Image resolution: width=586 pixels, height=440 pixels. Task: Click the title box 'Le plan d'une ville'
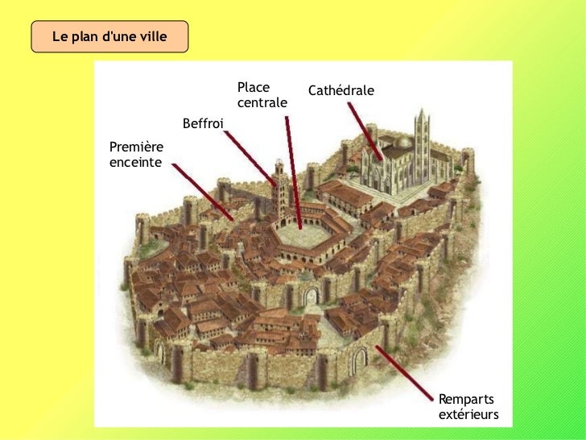109,37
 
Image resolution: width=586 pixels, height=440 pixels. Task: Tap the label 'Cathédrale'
340,91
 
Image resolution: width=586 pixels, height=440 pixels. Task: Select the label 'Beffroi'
203,123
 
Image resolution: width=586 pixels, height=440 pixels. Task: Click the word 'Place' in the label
254,87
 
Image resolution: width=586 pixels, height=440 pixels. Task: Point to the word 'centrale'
262,103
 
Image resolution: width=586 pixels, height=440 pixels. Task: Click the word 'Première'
136,147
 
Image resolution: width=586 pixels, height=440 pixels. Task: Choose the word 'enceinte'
134,163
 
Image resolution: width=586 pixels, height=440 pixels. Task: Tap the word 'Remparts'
466,400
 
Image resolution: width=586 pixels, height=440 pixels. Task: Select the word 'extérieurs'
468,415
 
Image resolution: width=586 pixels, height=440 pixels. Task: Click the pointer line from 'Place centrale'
293,169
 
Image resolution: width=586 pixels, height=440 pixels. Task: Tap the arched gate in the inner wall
309,296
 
